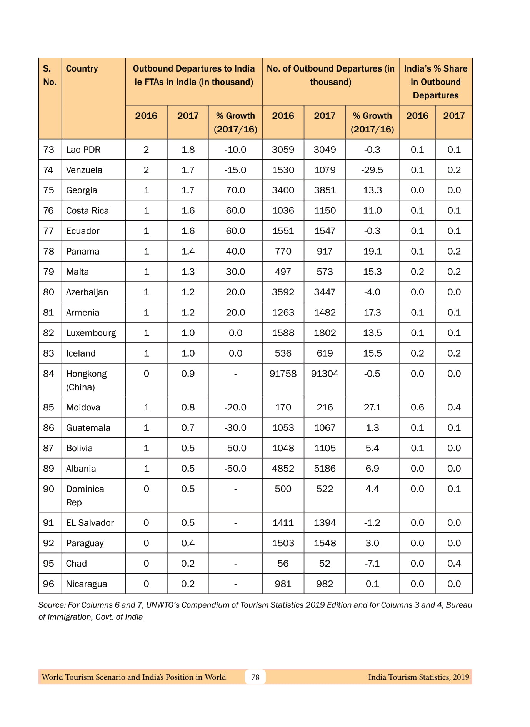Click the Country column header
pos(82,68)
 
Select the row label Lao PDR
pos(83,150)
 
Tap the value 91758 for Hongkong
pos(283,374)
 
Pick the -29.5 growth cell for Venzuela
pos(372,170)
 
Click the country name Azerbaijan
pos(87,292)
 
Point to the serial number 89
pos(48,469)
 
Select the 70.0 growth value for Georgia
pos(235,190)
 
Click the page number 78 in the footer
pos(255,677)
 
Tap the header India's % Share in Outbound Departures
pos(435,82)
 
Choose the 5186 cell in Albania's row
pos(325,469)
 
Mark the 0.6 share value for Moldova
pos(417,407)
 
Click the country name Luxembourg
pos(91,333)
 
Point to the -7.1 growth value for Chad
pos(372,564)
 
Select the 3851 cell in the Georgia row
pos(325,190)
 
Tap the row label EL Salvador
pos(90,523)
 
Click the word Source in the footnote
pos(52,605)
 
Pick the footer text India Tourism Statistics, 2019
pos(418,677)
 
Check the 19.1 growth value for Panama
pos(372,252)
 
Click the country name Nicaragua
pos(87,584)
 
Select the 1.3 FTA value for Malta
pos(188,272)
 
